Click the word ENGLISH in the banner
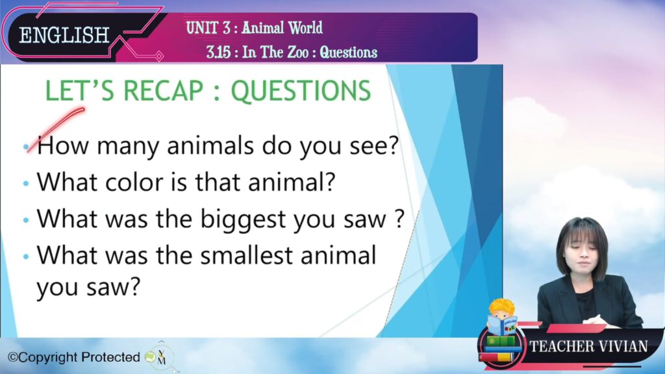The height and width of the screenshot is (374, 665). [64, 35]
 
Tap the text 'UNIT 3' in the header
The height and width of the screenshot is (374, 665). [208, 28]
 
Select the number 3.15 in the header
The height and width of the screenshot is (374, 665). [218, 52]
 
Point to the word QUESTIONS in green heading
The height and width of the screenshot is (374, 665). [301, 91]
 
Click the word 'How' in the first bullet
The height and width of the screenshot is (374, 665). [63, 145]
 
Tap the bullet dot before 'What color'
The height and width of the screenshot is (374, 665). [26, 184]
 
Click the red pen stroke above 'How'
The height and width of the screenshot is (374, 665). [56, 129]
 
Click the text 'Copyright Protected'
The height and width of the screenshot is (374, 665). [74, 358]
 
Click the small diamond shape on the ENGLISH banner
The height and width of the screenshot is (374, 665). [159, 56]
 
